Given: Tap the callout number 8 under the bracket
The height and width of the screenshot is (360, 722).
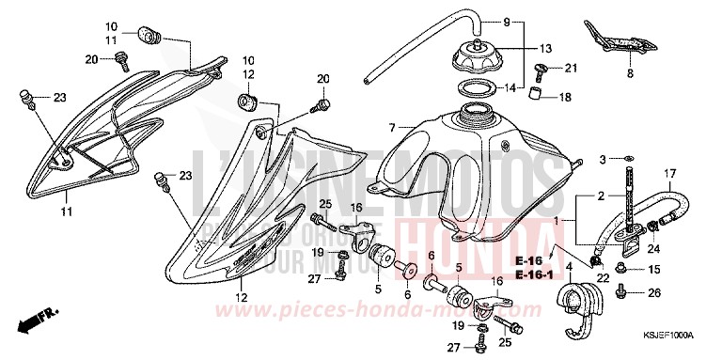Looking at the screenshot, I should tap(629, 72).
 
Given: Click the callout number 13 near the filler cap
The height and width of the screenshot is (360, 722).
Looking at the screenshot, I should tap(545, 49).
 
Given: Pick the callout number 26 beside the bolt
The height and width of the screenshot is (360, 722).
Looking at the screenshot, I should tap(654, 293).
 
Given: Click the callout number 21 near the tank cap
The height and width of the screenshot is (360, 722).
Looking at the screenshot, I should tap(571, 68).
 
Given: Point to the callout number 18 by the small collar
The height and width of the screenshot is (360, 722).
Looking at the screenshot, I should tap(565, 97).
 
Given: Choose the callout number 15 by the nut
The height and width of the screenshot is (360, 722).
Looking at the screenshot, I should tap(654, 270).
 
